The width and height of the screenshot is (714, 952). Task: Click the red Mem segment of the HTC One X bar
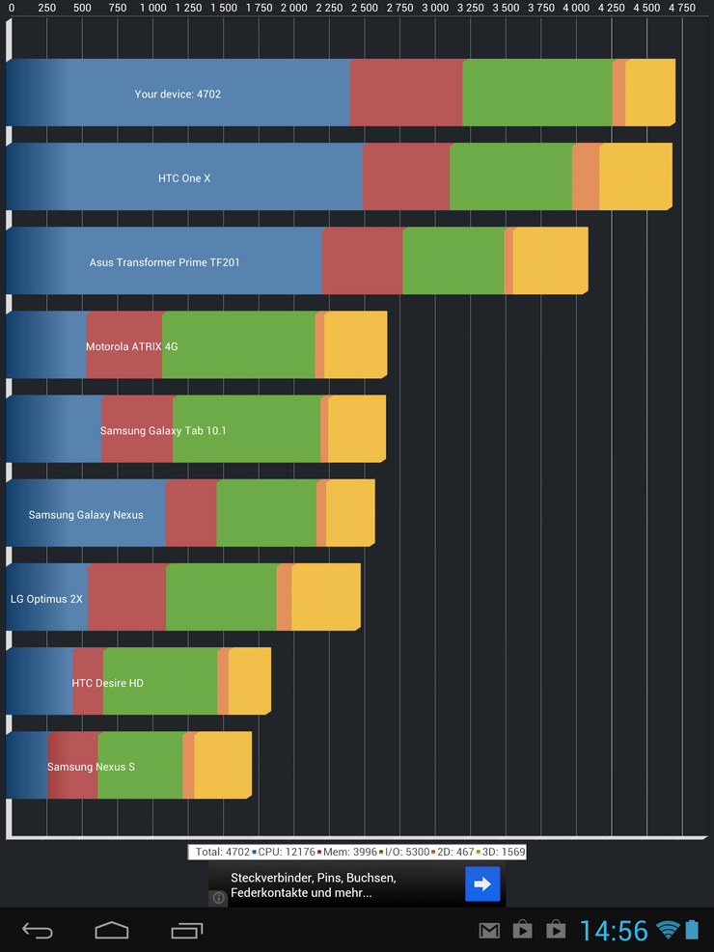[405, 177]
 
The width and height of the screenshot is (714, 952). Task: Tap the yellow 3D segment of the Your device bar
[649, 93]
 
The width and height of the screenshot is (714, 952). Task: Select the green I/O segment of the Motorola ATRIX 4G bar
[238, 345]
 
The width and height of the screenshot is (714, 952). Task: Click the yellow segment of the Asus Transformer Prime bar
[550, 261]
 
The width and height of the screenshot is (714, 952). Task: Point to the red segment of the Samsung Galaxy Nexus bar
[191, 513]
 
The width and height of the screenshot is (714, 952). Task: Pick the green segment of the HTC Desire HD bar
[160, 682]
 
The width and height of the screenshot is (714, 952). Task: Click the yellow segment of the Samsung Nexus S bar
[222, 766]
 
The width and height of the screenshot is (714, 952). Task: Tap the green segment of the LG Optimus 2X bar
[221, 598]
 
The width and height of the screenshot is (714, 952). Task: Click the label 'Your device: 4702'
[178, 95]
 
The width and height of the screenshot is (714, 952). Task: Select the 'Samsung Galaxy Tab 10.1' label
[163, 430]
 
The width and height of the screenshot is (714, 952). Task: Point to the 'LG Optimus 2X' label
[46, 599]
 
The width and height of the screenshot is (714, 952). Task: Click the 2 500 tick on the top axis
[365, 8]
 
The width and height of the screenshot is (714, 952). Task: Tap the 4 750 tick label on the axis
[681, 8]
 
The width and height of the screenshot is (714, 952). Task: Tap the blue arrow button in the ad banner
[482, 884]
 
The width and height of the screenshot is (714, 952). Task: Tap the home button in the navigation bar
[112, 930]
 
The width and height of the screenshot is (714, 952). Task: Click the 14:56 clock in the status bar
[614, 930]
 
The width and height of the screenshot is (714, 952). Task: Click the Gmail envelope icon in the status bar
[489, 930]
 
